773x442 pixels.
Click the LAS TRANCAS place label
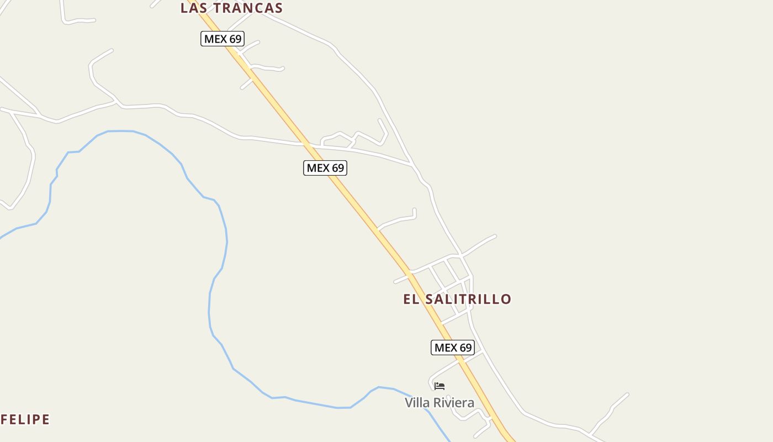coord(231,8)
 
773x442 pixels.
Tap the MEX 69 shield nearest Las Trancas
coord(223,39)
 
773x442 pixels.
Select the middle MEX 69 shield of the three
coord(325,168)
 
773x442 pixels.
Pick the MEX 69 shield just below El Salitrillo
coord(453,348)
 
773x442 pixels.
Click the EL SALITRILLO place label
coord(457,299)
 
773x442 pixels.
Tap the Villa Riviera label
coord(440,403)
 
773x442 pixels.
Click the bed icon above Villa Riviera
coord(440,386)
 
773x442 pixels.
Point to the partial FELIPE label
coord(25,419)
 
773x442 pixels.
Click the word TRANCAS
coord(248,8)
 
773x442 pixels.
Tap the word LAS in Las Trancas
coord(194,8)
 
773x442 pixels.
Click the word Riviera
coord(454,403)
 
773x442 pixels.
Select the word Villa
coord(417,403)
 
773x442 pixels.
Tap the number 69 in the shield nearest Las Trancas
coord(235,39)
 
